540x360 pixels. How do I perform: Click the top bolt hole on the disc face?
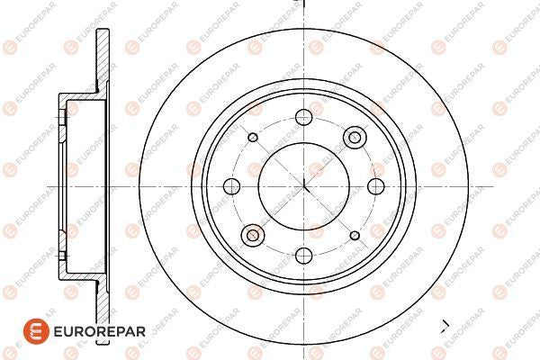pos(304,117)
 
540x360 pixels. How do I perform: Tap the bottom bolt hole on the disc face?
pos(304,256)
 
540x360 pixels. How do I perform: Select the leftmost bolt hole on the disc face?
pos(231,186)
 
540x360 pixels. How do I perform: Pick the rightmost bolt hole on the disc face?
pos(376,186)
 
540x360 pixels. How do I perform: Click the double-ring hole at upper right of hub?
pos(355,138)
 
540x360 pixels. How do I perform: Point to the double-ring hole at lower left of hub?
pos(253,235)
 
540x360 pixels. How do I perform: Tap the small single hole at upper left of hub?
pos(253,138)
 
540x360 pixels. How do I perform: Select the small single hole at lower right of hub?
pos(355,236)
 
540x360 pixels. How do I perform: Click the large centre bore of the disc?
pos(304,186)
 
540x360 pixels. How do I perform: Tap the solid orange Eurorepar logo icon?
pos(36,331)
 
